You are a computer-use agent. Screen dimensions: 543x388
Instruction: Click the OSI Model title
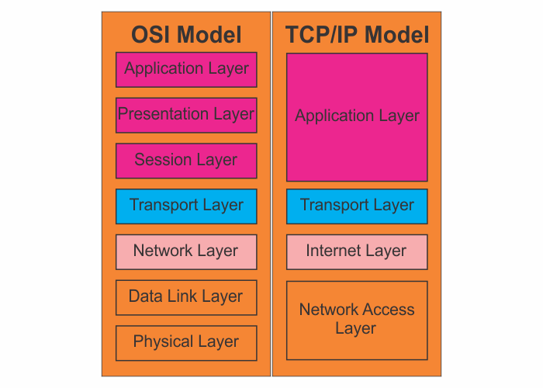(x=186, y=35)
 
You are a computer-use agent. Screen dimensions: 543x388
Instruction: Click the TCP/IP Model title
(x=357, y=35)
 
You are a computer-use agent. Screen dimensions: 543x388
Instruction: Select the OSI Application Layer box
(x=186, y=70)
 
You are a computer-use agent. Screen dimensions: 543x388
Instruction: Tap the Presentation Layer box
(x=186, y=116)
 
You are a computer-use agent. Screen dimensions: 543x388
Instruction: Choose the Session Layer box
(x=186, y=161)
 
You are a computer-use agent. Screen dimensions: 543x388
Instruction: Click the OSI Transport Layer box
(x=186, y=206)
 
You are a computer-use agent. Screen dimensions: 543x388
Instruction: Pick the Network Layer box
(x=186, y=252)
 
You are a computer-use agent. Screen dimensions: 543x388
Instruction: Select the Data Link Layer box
(x=186, y=297)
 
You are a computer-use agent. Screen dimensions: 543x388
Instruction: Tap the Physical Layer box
(x=186, y=343)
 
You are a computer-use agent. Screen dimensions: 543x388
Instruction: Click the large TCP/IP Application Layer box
(x=357, y=117)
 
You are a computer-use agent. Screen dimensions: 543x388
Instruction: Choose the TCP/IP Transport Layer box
(x=357, y=206)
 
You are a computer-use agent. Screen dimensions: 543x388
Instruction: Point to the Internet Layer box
(x=357, y=252)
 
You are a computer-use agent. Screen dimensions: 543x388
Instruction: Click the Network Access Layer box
(x=357, y=320)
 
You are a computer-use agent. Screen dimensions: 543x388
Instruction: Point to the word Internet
(x=334, y=250)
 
